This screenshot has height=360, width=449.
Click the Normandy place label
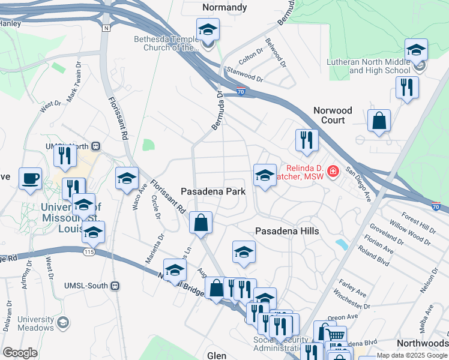pos(224,8)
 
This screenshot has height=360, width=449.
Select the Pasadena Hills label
pos(287,231)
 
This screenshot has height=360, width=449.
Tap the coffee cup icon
pos(30,179)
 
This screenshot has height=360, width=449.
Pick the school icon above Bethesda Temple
pos(208,29)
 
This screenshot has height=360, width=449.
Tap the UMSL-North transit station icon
pos(95,146)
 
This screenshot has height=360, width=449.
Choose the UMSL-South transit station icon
pos(115,286)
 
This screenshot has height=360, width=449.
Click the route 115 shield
pos(90,252)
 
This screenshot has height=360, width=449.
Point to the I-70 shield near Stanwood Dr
pos(240,92)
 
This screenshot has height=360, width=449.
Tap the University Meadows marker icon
pos(62,324)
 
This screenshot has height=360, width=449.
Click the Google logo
pos(20,352)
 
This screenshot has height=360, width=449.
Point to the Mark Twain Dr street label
pos(73,83)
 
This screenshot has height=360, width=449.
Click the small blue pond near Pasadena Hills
pos(342,244)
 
